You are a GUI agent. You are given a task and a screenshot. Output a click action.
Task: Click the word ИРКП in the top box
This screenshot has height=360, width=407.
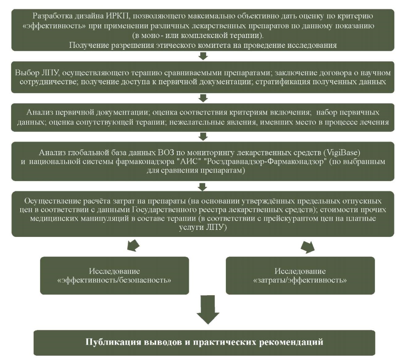coord(118,16)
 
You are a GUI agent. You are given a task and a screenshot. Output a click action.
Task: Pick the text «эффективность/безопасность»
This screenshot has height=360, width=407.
coord(114,280)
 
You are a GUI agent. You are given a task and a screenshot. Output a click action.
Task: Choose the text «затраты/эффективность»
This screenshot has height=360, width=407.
coord(300,280)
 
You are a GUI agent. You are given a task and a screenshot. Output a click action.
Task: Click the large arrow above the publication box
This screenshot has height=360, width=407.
coord(208,309)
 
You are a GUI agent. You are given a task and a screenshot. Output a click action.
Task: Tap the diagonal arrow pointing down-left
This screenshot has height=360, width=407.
coord(133,246)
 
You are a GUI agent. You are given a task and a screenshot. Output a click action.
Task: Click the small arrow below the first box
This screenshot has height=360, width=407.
coord(203,56)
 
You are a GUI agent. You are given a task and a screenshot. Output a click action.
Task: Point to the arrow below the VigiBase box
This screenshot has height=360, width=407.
coord(202,187)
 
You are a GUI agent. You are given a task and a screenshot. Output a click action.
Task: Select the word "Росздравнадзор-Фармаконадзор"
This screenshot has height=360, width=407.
coord(265,162)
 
